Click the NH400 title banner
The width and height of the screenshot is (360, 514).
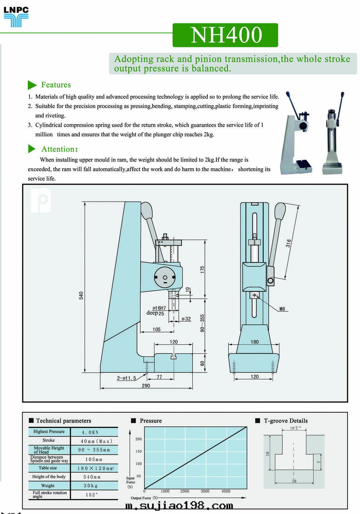tap(225, 35)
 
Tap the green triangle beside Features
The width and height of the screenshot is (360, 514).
tap(32, 85)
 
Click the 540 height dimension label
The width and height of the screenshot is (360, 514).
tap(81, 295)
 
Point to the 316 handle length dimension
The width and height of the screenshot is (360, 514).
tap(288, 243)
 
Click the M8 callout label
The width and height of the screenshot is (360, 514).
tap(282, 309)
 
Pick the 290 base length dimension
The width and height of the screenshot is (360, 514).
tap(146, 386)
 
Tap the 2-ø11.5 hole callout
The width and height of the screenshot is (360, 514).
tap(126, 378)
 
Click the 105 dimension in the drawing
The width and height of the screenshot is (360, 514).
tap(156, 329)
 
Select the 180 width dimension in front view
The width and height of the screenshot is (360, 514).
tap(255, 342)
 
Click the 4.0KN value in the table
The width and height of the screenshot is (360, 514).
tap(90, 432)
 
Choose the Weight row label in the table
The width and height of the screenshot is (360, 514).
tap(48, 486)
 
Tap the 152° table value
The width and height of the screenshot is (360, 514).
tap(92, 495)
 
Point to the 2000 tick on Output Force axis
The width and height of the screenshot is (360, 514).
tap(185, 491)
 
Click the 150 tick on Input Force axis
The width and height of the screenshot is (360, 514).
tap(138, 451)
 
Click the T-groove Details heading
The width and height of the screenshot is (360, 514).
tap(286, 421)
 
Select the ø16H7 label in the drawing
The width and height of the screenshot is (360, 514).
tap(159, 308)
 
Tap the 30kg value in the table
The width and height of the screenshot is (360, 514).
tap(90, 486)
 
